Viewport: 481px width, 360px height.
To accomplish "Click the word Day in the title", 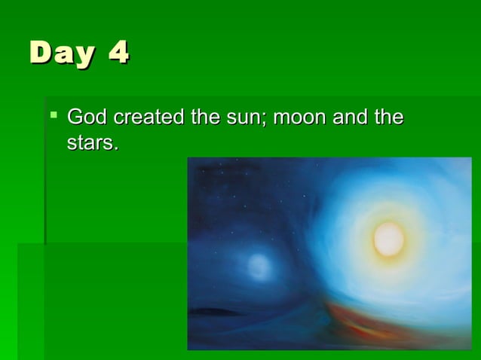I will [63, 53].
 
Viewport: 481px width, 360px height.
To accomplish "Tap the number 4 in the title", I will [118, 53].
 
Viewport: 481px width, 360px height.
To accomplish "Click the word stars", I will [90, 142].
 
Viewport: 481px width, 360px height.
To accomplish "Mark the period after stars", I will [116, 148].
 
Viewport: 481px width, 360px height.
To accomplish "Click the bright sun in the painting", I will [388, 239].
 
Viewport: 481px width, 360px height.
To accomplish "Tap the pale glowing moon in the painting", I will [259, 265].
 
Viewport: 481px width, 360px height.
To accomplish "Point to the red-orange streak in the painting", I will [377, 320].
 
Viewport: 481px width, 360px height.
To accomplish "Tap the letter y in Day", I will [84, 56].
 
